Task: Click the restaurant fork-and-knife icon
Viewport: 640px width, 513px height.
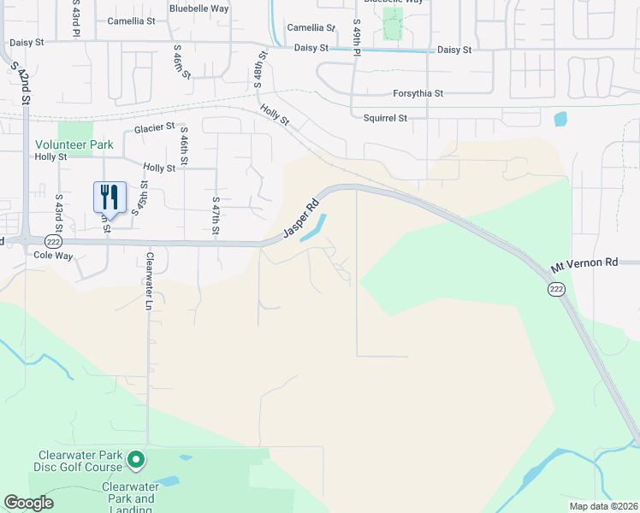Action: [110, 198]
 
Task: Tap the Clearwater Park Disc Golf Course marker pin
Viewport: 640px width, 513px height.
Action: [135, 462]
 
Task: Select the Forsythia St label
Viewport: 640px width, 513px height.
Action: [418, 93]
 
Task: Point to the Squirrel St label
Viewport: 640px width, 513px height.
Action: [385, 118]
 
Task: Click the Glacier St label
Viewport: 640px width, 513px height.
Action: [155, 128]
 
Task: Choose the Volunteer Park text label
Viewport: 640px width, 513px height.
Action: [74, 145]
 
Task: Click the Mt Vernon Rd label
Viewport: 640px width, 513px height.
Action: [584, 264]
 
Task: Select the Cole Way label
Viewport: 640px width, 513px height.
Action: [50, 255]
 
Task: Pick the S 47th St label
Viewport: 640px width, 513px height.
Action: [216, 217]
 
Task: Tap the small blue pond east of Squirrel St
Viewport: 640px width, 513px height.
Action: [560, 119]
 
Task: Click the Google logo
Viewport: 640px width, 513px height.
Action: [28, 503]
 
